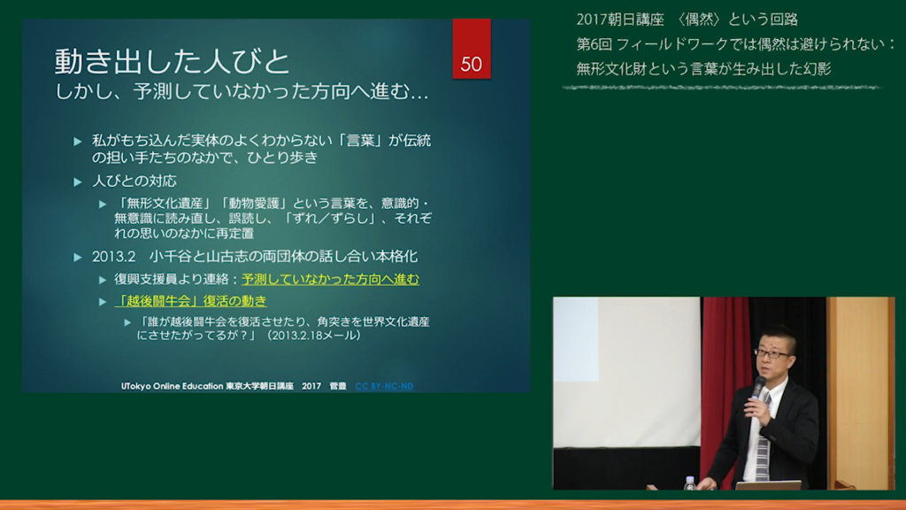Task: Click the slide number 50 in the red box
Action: coord(471,64)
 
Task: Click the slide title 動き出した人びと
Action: coord(172,61)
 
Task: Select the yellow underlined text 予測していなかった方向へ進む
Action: coord(330,279)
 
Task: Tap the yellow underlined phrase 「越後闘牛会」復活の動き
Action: coord(191,301)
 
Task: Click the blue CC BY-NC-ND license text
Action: coord(384,386)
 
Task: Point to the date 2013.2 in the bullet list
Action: coord(113,257)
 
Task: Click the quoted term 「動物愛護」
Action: coord(253,204)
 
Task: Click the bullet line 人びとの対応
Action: coord(134,182)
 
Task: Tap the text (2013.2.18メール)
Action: coord(312,336)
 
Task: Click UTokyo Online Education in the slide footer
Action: coord(172,386)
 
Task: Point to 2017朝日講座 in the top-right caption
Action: coord(620,19)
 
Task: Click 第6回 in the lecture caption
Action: coord(593,44)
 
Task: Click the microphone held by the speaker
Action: coord(757,387)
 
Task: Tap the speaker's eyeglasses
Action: coord(772,353)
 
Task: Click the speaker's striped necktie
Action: coord(763,439)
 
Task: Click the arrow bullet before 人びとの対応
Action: coord(78,182)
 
